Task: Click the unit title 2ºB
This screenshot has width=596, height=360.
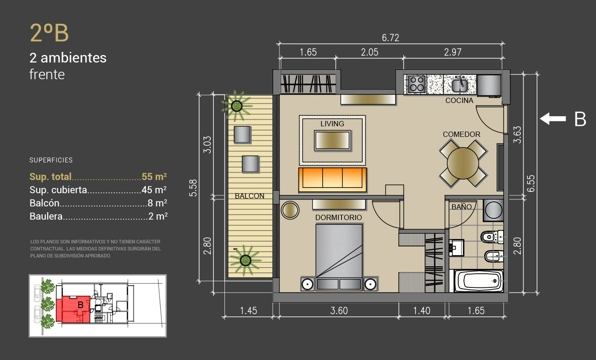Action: pos(49,33)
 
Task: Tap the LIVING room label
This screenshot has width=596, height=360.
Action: pos(332,124)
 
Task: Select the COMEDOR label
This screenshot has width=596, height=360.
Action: pos(461,134)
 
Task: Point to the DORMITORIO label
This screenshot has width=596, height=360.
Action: pos(338,218)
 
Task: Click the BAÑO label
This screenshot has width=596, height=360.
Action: pos(461,206)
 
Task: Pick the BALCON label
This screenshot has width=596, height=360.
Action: pos(250,196)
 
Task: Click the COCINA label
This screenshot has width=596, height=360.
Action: pos(459,101)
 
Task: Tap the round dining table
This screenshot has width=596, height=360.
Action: pos(463,163)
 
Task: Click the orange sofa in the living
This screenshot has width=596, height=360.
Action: pos(332,180)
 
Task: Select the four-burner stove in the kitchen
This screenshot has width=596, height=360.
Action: pos(417,84)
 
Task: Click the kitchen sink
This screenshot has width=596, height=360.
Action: pos(460,84)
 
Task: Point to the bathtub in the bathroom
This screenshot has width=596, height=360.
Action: pos(478,281)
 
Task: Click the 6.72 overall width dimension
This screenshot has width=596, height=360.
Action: pos(390,38)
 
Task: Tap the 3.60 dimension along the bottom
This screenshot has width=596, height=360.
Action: pos(339,311)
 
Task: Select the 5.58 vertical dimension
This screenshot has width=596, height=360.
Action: pos(193,188)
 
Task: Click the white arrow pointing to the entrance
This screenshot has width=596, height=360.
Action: pos(552,119)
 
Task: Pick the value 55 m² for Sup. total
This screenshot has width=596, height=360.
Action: pos(155,176)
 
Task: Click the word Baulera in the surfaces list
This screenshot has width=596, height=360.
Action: pos(46,217)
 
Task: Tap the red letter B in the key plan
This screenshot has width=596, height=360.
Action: pos(81,305)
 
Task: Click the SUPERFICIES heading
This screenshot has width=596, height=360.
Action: pos(51,160)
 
